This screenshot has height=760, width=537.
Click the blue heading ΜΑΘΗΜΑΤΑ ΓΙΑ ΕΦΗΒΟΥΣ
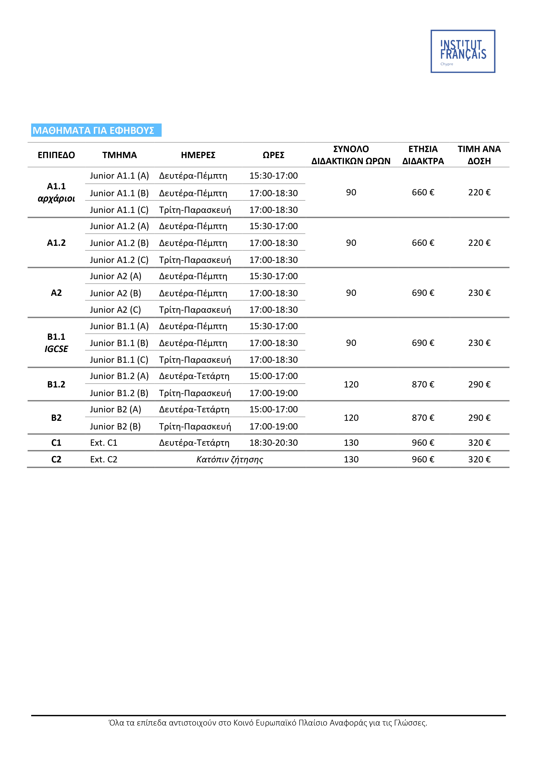pos(94,130)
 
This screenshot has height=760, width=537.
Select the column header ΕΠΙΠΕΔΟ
pos(56,155)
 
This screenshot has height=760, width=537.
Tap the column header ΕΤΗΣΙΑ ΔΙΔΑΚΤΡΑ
pos(423,155)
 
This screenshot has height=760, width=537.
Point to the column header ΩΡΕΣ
pos(273,155)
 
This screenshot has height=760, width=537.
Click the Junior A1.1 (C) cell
pos(119,210)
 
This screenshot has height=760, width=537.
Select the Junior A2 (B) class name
pos(115,293)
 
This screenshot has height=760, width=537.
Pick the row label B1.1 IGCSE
pos(56,343)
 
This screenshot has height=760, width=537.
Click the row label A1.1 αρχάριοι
pos(56,192)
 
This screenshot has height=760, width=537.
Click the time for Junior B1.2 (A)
pos(273,376)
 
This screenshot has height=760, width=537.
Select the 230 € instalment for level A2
pos(479,293)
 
